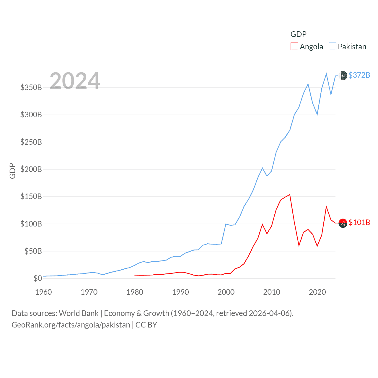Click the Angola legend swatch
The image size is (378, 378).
pos(294,47)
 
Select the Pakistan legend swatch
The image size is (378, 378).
pos(333,47)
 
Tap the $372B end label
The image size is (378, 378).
pos(359,75)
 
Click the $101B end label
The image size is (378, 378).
pos(359,222)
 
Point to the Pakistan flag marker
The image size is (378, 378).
pos(343,76)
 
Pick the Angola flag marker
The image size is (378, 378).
pos(343,223)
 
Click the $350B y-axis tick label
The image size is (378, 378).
pos(31,87)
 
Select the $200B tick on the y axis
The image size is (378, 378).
pos(31,169)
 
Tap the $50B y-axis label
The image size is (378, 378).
pos(33,251)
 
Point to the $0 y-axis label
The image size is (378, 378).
pos(38,278)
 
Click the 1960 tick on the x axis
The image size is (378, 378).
pos(43,292)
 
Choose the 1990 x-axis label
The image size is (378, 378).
pos(180,292)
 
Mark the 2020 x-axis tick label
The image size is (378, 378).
pos(317,292)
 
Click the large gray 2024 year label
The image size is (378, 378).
pos(75,81)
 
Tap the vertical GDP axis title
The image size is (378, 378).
pos(12,171)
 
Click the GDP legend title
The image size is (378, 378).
pos(299,34)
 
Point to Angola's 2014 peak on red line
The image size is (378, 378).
pos(290,195)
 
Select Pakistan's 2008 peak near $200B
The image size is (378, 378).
pos(262,168)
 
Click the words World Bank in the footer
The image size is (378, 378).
pos(79,313)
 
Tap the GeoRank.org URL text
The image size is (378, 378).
pos(71,325)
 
